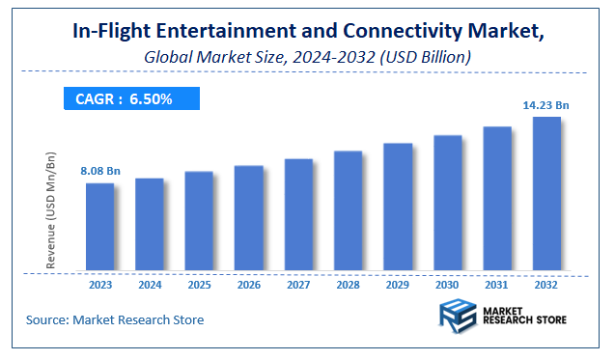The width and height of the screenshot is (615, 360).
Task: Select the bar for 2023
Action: pyautogui.click(x=99, y=227)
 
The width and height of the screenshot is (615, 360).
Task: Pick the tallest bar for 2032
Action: pyautogui.click(x=546, y=194)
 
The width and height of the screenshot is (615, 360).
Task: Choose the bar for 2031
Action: pyautogui.click(x=497, y=199)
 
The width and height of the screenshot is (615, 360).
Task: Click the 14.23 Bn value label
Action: pyautogui.click(x=546, y=106)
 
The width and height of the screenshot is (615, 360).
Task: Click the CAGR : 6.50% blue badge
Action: pyautogui.click(x=131, y=98)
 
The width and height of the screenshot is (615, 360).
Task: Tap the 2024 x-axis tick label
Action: pyautogui.click(x=150, y=286)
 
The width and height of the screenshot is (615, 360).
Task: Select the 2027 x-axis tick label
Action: pyautogui.click(x=298, y=286)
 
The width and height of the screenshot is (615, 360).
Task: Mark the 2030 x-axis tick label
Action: pyautogui.click(x=447, y=286)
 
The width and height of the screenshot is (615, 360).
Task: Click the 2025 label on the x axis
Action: pyautogui.click(x=199, y=286)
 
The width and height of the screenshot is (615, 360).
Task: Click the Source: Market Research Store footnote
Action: pyautogui.click(x=115, y=319)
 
